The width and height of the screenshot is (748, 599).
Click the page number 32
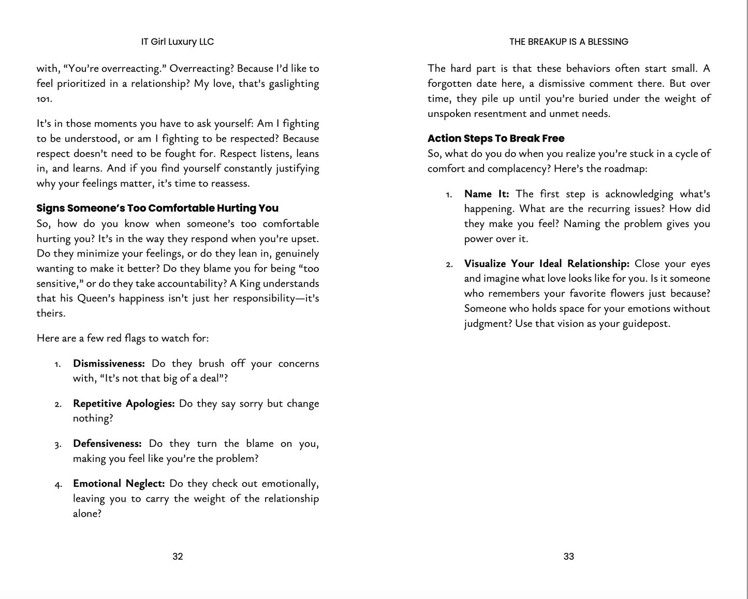tap(178, 557)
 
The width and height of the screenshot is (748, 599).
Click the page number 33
tap(568, 557)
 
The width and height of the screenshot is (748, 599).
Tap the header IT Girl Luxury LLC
tap(177, 42)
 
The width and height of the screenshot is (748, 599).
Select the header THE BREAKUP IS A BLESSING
tap(568, 42)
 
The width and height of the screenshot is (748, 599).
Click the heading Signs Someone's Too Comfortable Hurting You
tap(157, 208)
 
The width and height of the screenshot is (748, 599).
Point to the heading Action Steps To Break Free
tap(496, 139)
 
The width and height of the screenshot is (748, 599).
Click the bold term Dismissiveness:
tap(109, 364)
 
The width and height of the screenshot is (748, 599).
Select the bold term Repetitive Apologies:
tap(124, 403)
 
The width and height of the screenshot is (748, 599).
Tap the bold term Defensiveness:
tap(107, 444)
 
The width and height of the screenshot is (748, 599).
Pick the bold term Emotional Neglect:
tap(119, 484)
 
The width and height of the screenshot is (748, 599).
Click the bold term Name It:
tap(487, 194)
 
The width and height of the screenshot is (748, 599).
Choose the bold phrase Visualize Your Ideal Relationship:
tap(547, 264)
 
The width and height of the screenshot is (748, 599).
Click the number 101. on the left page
tap(44, 99)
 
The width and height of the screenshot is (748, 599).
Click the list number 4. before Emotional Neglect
tap(58, 485)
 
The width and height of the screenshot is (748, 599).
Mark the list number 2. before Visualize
tap(449, 265)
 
